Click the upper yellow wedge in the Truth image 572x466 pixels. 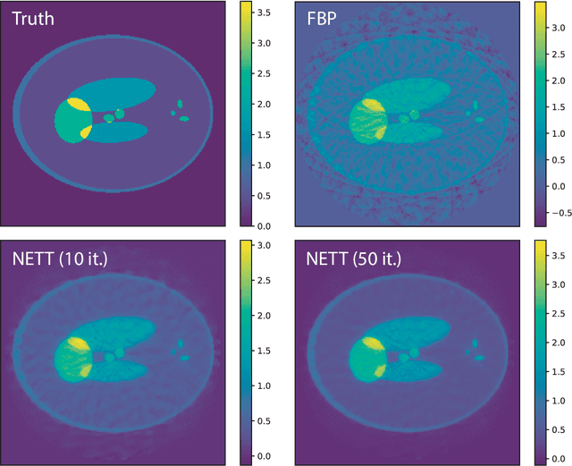78,105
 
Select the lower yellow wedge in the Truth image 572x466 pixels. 86,133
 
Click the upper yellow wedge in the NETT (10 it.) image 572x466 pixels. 79,343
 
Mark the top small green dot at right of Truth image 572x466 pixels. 181,103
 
